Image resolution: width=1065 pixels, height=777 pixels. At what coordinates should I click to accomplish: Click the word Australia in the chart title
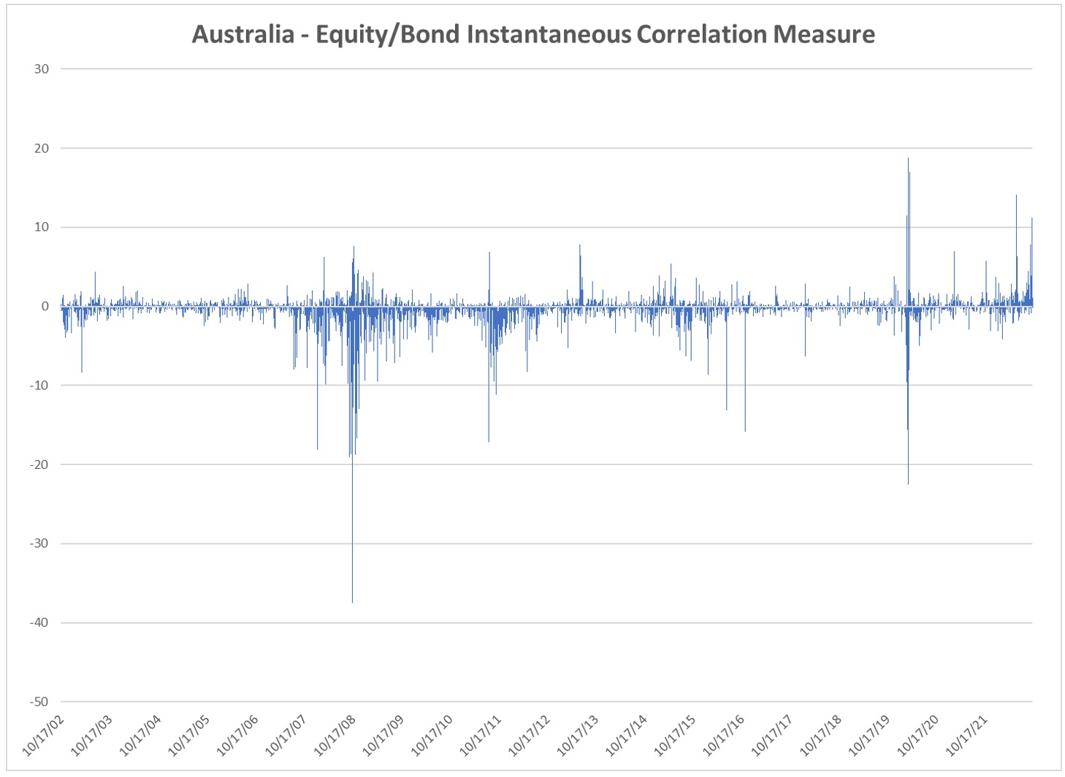click(243, 34)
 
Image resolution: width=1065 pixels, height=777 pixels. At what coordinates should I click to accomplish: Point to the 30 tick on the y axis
click(41, 69)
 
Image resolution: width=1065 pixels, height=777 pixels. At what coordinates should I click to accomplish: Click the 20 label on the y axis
click(41, 148)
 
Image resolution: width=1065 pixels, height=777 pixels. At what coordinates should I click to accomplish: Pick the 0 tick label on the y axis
click(45, 307)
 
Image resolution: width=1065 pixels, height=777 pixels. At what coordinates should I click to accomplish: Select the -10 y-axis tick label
click(39, 386)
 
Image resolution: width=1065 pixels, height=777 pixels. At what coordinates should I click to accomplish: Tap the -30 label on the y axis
click(39, 543)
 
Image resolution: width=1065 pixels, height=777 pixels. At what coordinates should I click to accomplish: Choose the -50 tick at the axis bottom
click(39, 702)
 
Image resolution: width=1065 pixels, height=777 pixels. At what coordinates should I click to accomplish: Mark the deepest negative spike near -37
click(352, 600)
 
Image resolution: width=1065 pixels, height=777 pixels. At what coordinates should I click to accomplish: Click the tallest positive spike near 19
click(908, 160)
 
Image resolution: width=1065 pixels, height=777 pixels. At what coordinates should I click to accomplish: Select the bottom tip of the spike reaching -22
click(908, 483)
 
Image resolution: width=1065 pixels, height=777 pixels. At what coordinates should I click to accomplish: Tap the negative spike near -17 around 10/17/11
click(489, 440)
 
